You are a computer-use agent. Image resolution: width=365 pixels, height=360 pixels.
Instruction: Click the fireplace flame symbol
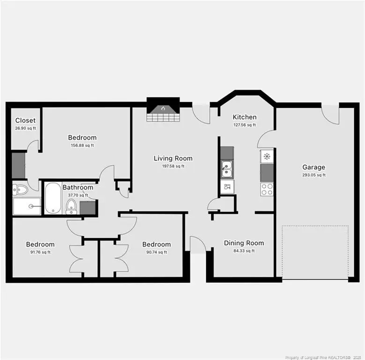click(x=163, y=109)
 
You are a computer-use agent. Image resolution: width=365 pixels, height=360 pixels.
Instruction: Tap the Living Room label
click(x=173, y=158)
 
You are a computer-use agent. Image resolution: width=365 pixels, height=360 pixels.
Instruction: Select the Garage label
click(x=313, y=167)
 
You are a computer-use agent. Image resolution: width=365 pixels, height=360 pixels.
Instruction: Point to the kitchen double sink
click(x=227, y=169)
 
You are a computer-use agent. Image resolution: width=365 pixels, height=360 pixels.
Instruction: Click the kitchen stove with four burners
click(x=267, y=189)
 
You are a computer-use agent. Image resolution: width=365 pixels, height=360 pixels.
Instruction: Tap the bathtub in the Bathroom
click(x=52, y=198)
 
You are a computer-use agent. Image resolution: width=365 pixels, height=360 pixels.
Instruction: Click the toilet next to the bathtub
click(x=71, y=204)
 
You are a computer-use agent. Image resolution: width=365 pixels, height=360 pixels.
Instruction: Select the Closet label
click(x=25, y=120)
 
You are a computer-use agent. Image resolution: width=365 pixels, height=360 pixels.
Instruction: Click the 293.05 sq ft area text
click(x=313, y=175)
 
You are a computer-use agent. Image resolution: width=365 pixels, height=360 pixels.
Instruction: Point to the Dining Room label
click(x=244, y=243)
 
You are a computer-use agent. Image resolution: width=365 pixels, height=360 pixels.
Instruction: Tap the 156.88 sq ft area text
click(x=82, y=145)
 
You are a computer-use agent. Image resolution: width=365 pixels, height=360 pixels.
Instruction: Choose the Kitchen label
click(x=245, y=117)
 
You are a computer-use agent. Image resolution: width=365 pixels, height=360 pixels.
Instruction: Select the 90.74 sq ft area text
click(x=156, y=252)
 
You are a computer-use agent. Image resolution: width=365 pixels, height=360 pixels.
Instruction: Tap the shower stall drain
click(x=32, y=205)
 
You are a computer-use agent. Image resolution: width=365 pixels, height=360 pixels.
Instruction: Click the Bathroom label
click(x=78, y=187)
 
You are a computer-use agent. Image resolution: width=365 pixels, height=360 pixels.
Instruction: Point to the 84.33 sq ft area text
click(x=244, y=251)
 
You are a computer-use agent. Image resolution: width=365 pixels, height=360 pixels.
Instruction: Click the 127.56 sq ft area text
click(x=245, y=125)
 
